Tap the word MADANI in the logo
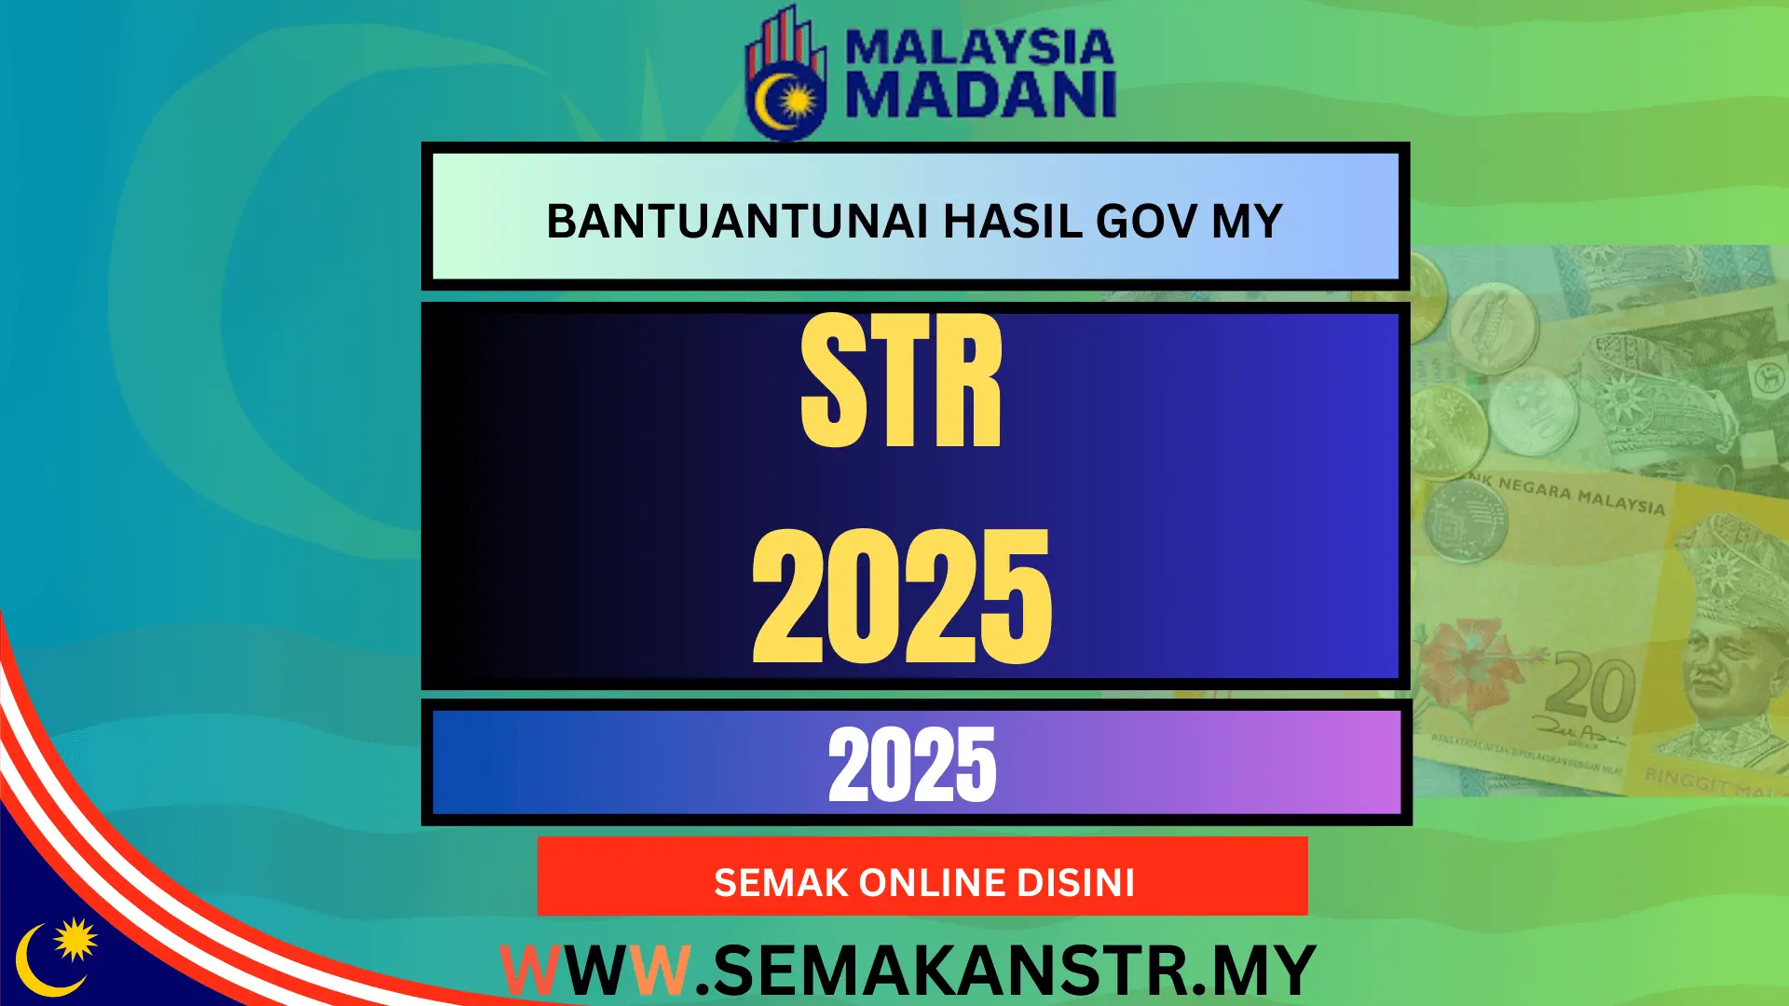tap(980, 95)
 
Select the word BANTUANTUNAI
tap(736, 222)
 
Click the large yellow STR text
tap(901, 382)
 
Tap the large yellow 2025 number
tap(901, 597)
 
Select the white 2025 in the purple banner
tap(912, 766)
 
